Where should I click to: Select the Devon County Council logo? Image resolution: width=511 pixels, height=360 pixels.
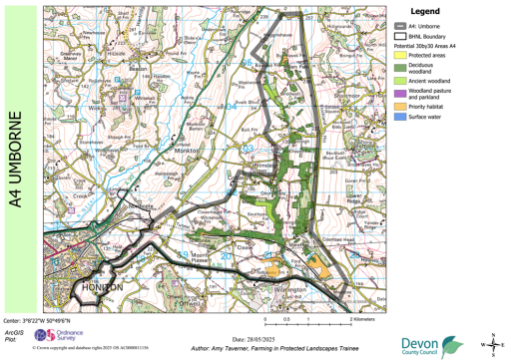[432, 344]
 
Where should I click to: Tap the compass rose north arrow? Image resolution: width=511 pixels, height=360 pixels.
[490, 344]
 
